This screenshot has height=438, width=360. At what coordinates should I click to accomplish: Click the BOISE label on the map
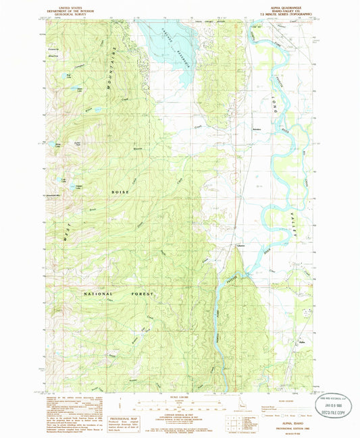[x=120, y=192]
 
